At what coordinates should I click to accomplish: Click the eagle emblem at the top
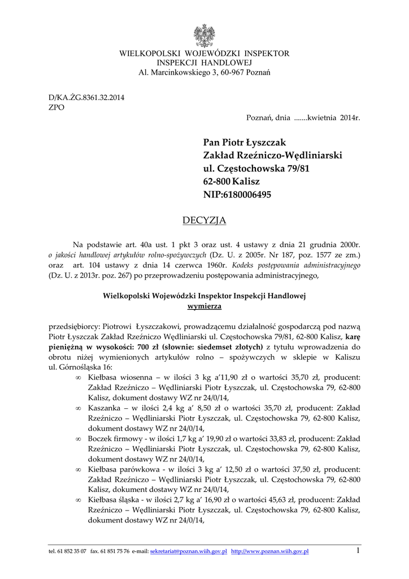(204, 36)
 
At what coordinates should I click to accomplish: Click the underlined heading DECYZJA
(204, 220)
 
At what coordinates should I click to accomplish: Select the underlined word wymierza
(204, 306)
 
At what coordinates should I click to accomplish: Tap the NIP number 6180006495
(247, 195)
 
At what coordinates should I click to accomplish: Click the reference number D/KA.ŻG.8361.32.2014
(86, 97)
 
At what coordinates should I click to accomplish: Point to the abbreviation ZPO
(57, 107)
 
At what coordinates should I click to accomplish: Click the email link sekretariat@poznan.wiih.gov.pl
(188, 551)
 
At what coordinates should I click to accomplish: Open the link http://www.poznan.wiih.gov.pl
(270, 551)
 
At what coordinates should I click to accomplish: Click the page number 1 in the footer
(358, 551)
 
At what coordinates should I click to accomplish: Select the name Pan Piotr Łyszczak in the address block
(245, 142)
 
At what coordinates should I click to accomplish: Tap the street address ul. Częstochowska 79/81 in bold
(256, 168)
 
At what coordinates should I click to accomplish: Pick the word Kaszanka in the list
(105, 408)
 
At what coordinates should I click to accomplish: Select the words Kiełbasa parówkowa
(123, 469)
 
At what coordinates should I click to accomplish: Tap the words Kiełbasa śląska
(115, 500)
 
